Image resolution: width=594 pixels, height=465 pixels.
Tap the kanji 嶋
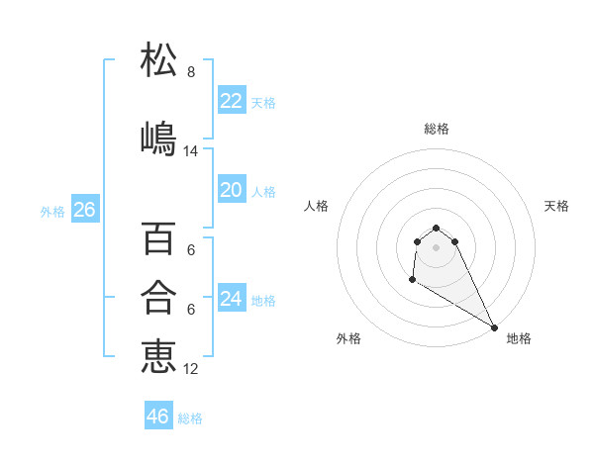click(x=158, y=138)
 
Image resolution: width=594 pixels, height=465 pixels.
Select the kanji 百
click(x=158, y=238)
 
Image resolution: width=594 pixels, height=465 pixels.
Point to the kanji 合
click(x=158, y=296)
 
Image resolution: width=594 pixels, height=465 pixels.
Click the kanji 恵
click(x=158, y=355)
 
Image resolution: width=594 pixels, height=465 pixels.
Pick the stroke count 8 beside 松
click(x=191, y=72)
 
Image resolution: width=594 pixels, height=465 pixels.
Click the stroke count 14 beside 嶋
click(x=191, y=151)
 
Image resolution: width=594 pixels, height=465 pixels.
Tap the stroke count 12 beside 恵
click(x=191, y=369)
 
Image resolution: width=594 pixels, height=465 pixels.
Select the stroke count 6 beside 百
click(x=191, y=250)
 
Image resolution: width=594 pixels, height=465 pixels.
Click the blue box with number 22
click(x=231, y=101)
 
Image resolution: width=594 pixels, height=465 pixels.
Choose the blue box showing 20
click(x=231, y=190)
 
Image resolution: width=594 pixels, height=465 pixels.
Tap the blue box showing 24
click(x=231, y=298)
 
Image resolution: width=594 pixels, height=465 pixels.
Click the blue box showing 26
click(x=84, y=210)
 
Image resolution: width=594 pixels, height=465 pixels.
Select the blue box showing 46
click(x=158, y=417)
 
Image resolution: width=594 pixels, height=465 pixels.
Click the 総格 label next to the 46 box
click(x=190, y=418)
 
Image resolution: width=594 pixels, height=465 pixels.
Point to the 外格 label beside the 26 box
click(x=52, y=212)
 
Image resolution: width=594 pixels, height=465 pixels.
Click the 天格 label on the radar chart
click(x=556, y=206)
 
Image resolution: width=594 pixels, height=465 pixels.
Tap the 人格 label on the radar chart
click(x=316, y=206)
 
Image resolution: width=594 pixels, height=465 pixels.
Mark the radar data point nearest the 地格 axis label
click(x=494, y=327)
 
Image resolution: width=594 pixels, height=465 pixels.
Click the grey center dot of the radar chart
click(x=436, y=245)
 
